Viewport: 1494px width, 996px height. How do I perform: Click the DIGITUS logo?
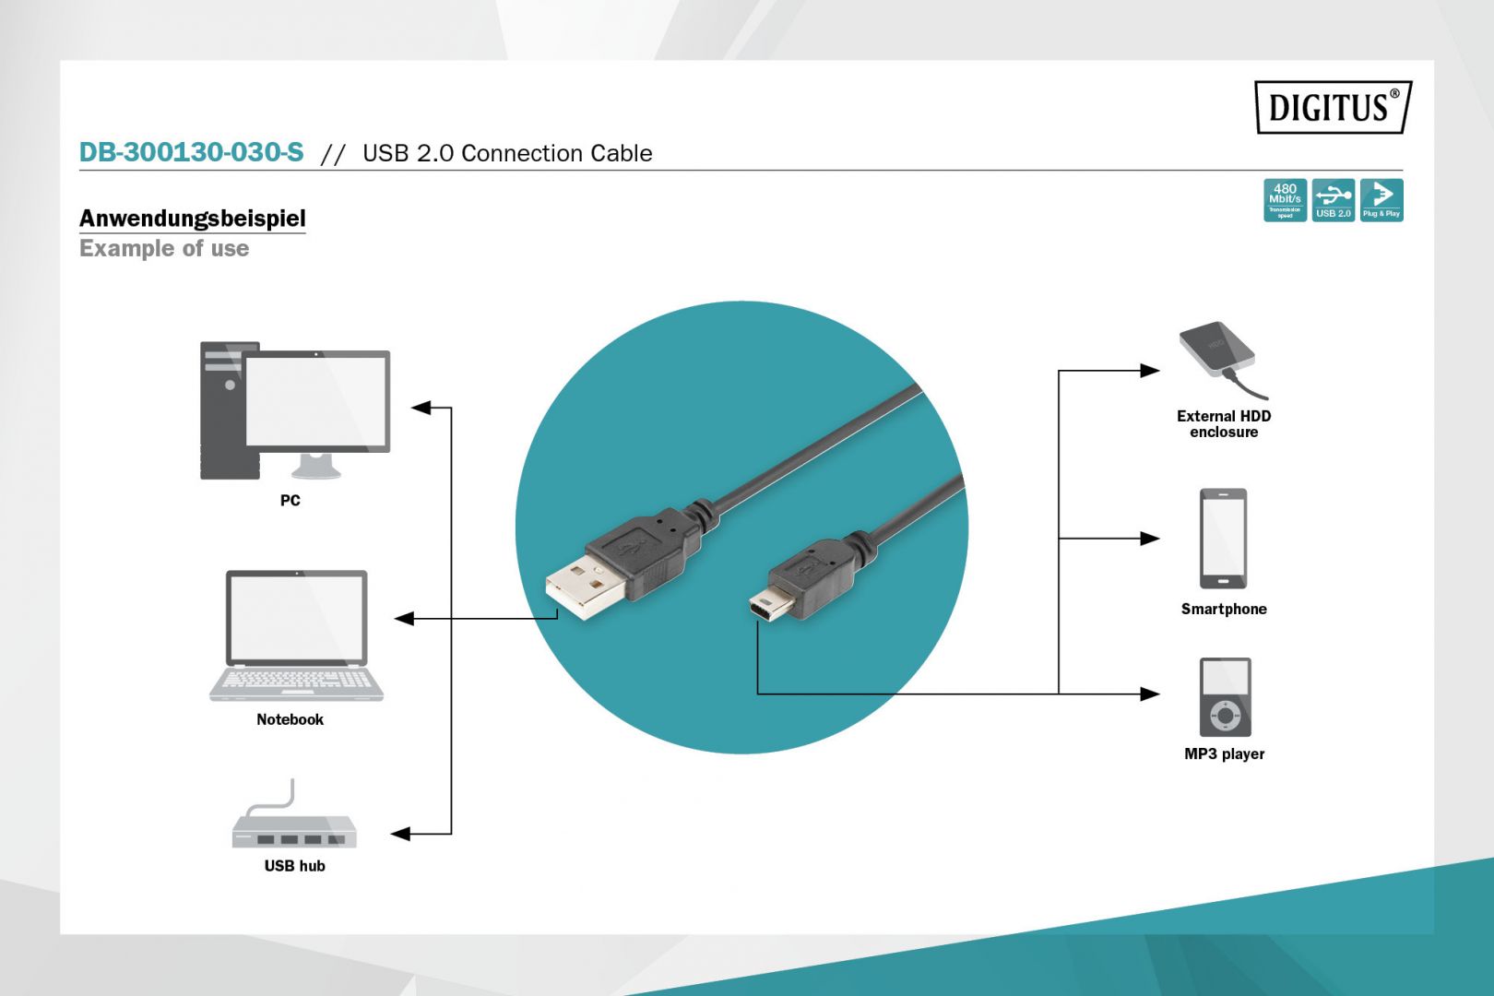pos(1333,107)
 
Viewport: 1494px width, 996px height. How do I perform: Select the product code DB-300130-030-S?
pos(191,152)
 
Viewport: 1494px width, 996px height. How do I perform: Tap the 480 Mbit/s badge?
pos(1285,200)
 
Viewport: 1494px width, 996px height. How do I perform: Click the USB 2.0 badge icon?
pos(1333,200)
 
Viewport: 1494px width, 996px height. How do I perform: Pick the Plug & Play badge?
pos(1381,200)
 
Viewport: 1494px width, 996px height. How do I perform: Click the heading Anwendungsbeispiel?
pos(192,219)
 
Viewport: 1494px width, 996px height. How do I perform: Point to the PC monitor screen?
pos(316,401)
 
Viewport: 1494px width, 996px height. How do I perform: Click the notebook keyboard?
pos(296,680)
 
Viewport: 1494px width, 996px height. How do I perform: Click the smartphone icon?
pos(1223,539)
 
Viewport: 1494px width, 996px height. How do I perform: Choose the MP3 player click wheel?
pos(1226,715)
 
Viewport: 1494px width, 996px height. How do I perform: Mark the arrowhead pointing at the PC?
pos(421,407)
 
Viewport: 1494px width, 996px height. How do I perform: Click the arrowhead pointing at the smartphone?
pos(1150,538)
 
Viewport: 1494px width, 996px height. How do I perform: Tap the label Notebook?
pos(290,719)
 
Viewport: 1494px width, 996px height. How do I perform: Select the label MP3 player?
pos(1224,753)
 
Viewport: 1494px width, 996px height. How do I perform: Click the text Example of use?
pos(164,249)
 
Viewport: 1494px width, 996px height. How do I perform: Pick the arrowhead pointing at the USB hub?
pos(400,834)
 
